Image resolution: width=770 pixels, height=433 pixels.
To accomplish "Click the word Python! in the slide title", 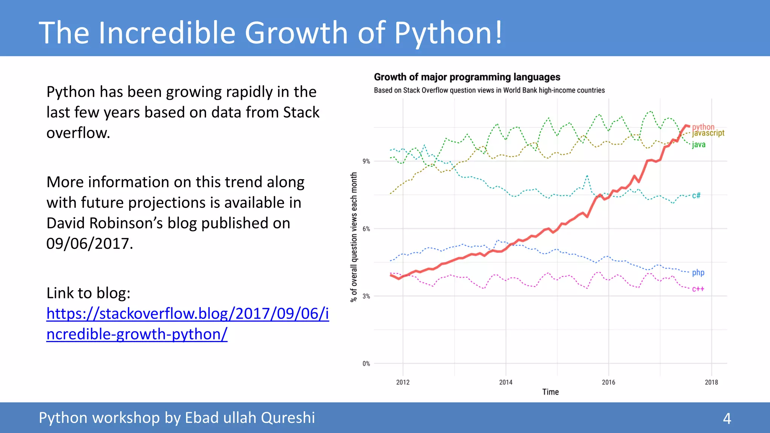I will pos(447,33).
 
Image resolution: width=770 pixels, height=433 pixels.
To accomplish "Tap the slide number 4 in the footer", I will pos(727,418).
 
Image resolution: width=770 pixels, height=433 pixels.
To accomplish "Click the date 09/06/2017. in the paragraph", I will pos(89,244).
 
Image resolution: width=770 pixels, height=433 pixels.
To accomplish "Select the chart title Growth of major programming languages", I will pos(467,77).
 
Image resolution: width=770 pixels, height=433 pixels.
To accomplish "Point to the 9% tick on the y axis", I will pos(366,161).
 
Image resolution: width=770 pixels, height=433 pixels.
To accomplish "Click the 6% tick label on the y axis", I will pos(366,229).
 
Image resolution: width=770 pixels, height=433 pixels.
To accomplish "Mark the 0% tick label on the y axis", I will pos(366,363).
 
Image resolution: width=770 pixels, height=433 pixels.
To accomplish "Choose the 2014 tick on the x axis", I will pos(506,382).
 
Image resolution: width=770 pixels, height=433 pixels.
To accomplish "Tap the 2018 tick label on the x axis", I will pos(711,382).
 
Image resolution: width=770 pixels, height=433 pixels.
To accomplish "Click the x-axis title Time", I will pos(550,392).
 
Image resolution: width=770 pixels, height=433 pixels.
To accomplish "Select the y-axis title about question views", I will pos(353,237).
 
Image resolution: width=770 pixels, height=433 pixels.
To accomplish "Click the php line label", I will pos(698,273).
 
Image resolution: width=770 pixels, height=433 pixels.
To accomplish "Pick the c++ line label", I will pos(698,289).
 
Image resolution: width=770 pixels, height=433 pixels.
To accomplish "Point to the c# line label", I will pos(696,195).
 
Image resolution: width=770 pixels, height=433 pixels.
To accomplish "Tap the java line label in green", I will pos(699,145).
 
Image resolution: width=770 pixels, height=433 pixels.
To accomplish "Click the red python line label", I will pos(703,126).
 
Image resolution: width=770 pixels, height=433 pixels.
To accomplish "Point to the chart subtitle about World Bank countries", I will pos(489,90).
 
